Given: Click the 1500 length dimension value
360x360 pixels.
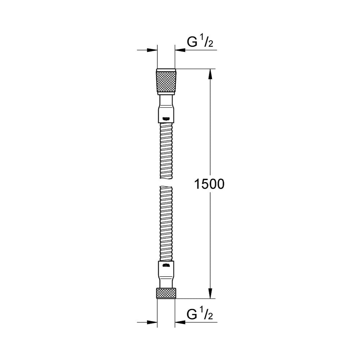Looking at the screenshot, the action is (209, 184).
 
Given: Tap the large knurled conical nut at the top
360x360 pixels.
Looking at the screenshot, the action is (166, 81).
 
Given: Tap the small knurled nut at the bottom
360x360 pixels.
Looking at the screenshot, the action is (166, 293).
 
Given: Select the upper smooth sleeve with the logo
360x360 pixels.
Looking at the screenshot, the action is (166, 109).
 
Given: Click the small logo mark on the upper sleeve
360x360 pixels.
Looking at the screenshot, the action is (166, 119).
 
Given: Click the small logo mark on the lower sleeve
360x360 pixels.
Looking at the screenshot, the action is (166, 265).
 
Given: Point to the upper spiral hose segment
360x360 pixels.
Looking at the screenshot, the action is (166, 151).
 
